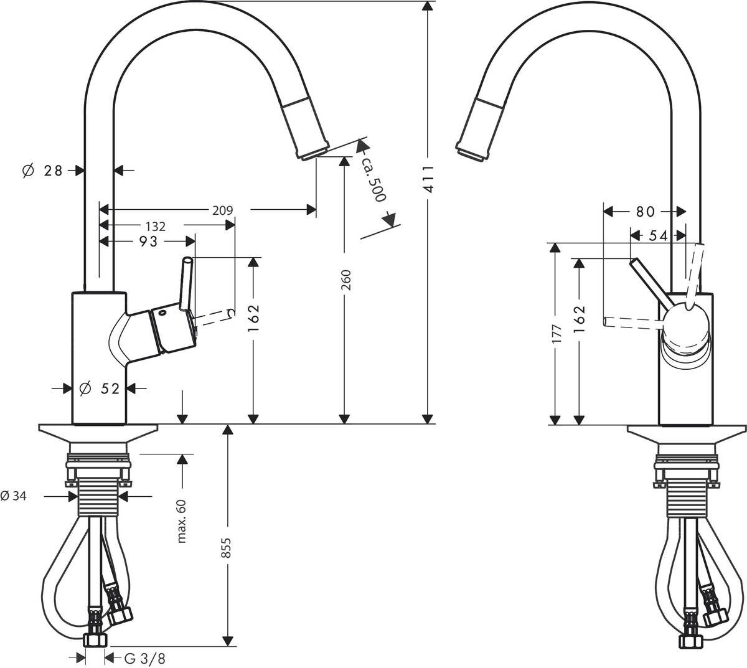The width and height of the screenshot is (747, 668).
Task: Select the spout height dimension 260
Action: click(x=347, y=280)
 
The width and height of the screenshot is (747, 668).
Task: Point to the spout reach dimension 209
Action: click(x=222, y=210)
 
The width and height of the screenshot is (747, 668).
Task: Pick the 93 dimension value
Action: click(x=148, y=242)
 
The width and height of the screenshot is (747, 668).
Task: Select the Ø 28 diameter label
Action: click(x=43, y=170)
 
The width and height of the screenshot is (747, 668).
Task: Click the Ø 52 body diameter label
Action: click(x=100, y=388)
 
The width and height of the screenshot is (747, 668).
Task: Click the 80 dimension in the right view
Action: click(x=645, y=212)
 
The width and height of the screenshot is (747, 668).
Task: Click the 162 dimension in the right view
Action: click(x=579, y=319)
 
